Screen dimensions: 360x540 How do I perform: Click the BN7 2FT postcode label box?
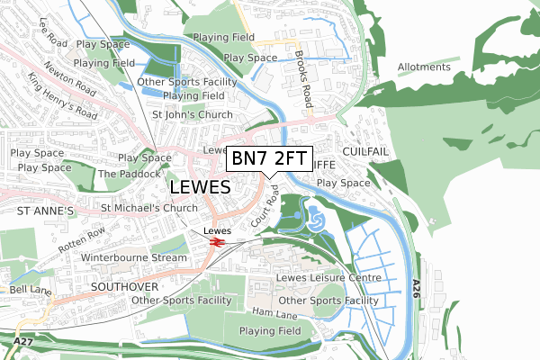[x=268, y=159]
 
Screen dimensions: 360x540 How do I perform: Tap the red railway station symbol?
[x=213, y=241]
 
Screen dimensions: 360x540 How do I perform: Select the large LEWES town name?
[x=200, y=187]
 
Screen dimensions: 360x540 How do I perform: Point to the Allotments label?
[x=424, y=67]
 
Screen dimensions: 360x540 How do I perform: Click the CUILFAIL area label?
[x=364, y=152]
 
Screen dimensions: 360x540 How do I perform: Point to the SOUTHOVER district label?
[x=124, y=285]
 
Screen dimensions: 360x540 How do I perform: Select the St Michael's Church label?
[x=148, y=209]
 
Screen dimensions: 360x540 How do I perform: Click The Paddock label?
[x=121, y=173]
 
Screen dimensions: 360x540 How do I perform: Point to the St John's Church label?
[x=192, y=115]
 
